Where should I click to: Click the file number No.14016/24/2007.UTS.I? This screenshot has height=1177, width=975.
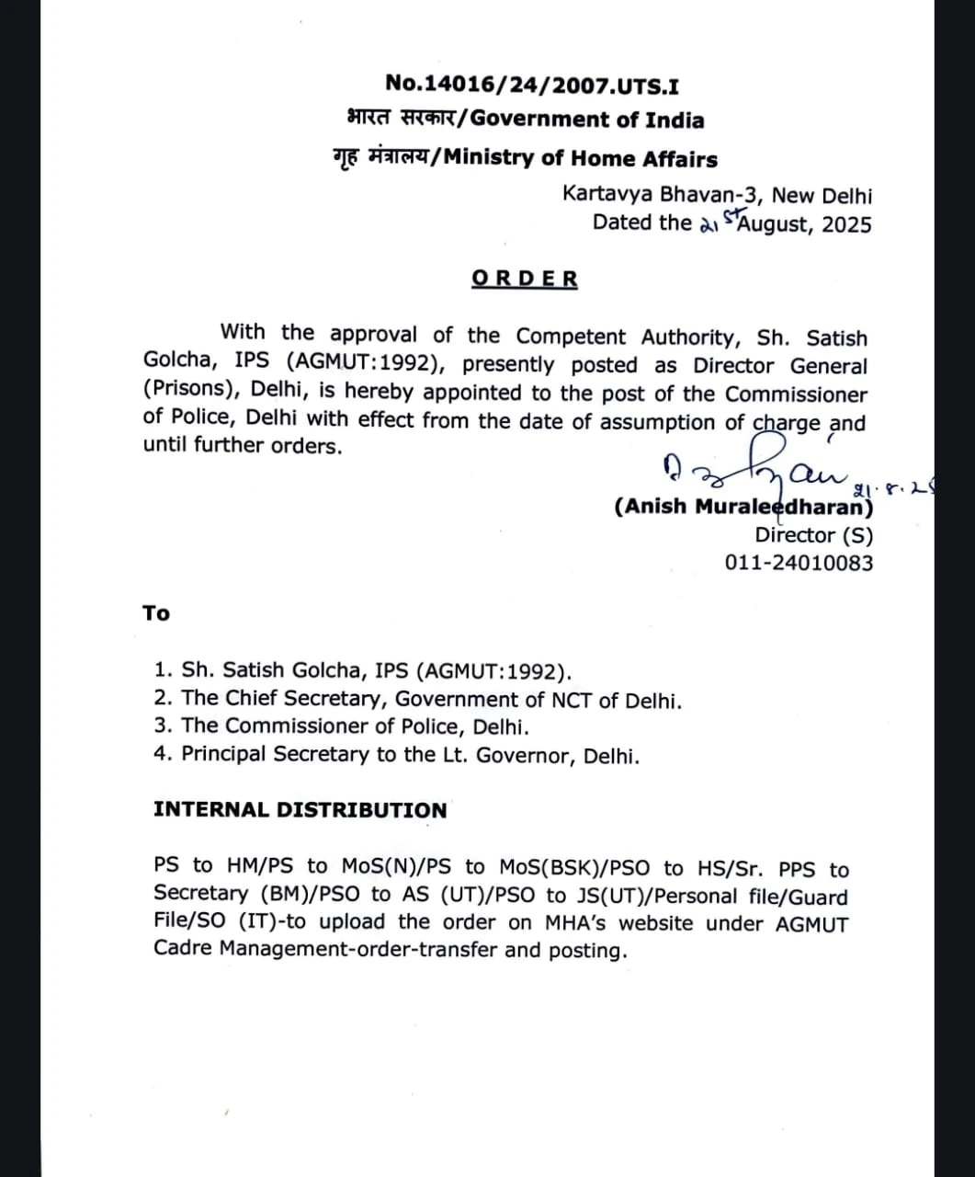532,85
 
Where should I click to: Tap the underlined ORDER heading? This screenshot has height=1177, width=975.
525,279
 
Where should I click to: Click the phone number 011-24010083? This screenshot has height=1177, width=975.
799,563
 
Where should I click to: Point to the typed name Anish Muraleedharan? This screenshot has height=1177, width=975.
744,506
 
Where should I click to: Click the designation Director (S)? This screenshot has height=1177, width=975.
813,535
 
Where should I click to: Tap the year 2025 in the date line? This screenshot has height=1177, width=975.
846,224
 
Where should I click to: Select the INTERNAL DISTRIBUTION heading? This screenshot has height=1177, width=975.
300,810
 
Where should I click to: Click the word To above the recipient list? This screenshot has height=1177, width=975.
156,613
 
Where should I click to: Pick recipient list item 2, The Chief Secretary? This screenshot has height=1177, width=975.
418,700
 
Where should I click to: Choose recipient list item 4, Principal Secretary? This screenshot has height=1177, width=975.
397,756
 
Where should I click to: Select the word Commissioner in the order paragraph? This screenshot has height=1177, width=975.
796,394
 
